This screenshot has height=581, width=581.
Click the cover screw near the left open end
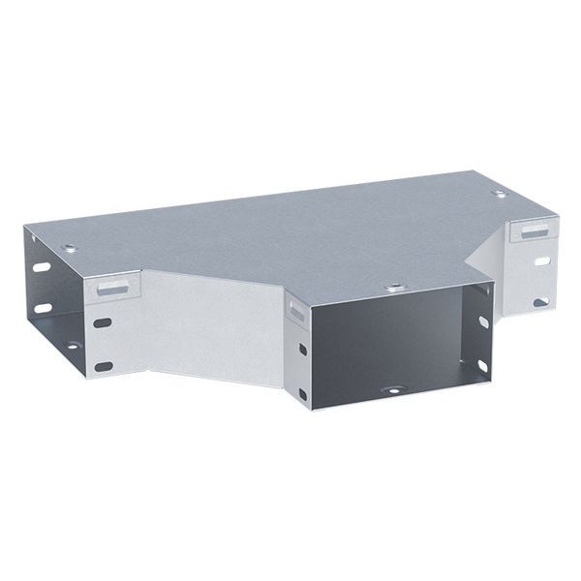(x=69, y=249)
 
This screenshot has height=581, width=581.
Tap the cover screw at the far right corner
(x=499, y=195)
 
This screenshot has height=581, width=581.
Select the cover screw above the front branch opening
(x=394, y=287)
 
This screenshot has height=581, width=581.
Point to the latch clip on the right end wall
(x=533, y=230)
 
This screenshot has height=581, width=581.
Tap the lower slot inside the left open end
(x=43, y=308)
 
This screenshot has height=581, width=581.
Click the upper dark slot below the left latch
(x=103, y=321)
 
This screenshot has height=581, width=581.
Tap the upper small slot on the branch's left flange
(x=302, y=349)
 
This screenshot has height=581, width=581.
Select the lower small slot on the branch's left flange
(x=302, y=394)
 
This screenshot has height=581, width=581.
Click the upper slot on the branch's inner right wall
(x=482, y=321)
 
